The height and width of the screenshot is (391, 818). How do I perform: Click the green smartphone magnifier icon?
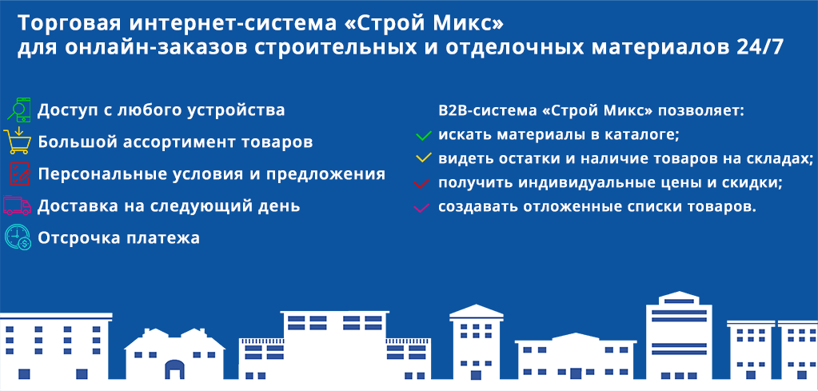(18, 110)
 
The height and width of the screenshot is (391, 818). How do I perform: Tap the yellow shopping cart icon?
(16, 141)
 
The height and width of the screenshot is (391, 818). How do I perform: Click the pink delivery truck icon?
(18, 205)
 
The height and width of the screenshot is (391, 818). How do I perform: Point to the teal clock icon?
(18, 237)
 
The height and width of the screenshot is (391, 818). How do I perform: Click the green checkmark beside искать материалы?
(423, 137)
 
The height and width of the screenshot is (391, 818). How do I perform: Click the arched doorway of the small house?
(175, 369)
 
